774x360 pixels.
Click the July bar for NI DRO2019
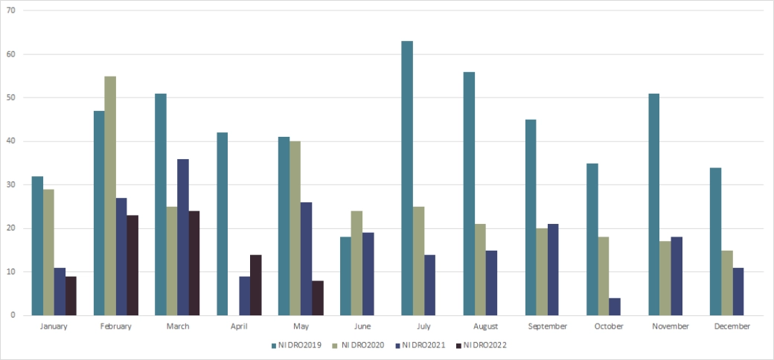pos(406,179)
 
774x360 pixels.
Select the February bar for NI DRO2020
pos(110,196)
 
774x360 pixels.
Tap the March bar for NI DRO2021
pos(182,237)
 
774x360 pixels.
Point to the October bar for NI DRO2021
pos(614,306)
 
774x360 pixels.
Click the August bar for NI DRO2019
pos(468,193)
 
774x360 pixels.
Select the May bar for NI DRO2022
pos(317,298)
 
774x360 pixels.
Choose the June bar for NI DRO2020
pos(356,263)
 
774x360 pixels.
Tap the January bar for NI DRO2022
pos(71,296)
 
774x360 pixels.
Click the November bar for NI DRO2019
pos(653,205)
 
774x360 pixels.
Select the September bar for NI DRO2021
pos(552,269)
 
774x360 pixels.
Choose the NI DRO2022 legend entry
pos(484,345)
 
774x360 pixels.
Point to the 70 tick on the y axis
pos(10,11)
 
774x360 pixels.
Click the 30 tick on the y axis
pos(10,185)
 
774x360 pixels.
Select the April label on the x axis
pos(238,327)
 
